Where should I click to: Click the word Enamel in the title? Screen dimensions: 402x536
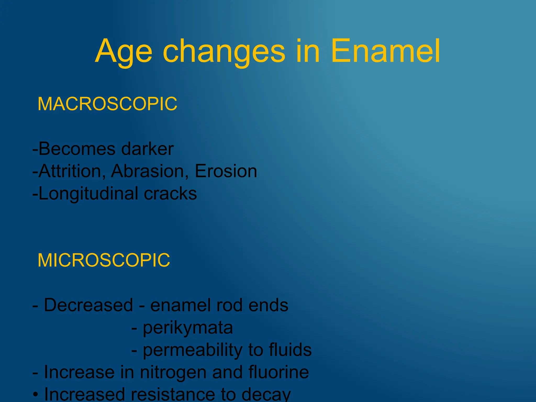click(385, 51)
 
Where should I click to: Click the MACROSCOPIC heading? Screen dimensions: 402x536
click(107, 104)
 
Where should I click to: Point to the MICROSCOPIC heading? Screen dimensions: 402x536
click(104, 260)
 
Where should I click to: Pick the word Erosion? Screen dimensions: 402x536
click(226, 171)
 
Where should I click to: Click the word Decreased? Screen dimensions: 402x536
click(88, 305)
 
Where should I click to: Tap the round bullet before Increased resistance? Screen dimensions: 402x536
click(36, 394)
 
